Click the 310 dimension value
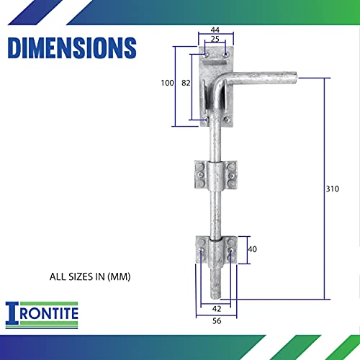pyautogui.click(x=333, y=189)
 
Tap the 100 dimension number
pyautogui.click(x=167, y=83)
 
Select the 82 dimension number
pyautogui.click(x=186, y=83)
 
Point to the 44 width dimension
pyautogui.click(x=215, y=30)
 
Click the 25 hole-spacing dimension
pyautogui.click(x=215, y=39)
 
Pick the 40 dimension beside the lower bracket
pyautogui.click(x=252, y=249)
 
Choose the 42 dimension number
pyautogui.click(x=217, y=309)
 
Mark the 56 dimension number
pyautogui.click(x=217, y=320)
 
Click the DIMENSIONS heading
pyautogui.click(x=72, y=48)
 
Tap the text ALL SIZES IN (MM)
pyautogui.click(x=90, y=276)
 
